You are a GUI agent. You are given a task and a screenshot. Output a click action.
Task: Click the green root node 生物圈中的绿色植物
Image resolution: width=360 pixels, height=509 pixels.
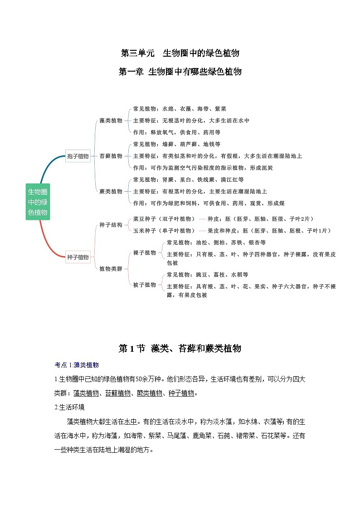[x=38, y=202]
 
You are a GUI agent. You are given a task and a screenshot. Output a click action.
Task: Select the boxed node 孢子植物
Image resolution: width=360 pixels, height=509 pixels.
[x=78, y=156]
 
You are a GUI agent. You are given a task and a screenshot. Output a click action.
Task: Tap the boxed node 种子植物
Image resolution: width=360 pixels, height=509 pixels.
[x=78, y=257]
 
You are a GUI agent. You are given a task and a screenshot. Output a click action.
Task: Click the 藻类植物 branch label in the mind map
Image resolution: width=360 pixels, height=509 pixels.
[x=111, y=121]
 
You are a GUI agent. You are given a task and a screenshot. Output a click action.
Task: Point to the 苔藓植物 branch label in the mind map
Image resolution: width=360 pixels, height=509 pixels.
[x=111, y=156]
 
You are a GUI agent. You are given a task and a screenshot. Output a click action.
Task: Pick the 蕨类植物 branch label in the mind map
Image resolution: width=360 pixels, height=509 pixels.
[x=111, y=191]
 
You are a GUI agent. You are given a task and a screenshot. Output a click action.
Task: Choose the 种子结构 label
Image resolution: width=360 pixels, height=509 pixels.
[x=111, y=225]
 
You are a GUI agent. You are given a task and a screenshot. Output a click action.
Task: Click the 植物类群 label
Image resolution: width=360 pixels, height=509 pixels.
[x=111, y=269]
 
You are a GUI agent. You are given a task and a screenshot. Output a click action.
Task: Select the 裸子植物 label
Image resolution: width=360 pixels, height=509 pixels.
[x=144, y=252]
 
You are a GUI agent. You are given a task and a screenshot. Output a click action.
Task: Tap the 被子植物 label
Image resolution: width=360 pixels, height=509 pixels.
[x=144, y=285]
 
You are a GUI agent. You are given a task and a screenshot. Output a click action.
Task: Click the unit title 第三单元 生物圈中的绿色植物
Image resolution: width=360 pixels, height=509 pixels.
[x=180, y=53]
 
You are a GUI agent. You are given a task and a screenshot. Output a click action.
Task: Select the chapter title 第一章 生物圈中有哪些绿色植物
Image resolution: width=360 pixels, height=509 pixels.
[x=180, y=72]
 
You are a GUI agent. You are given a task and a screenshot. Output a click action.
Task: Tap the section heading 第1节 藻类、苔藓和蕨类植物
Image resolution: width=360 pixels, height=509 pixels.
[x=180, y=349]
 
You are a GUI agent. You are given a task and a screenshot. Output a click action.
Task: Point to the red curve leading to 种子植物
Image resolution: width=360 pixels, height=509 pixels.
[x=45, y=240]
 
